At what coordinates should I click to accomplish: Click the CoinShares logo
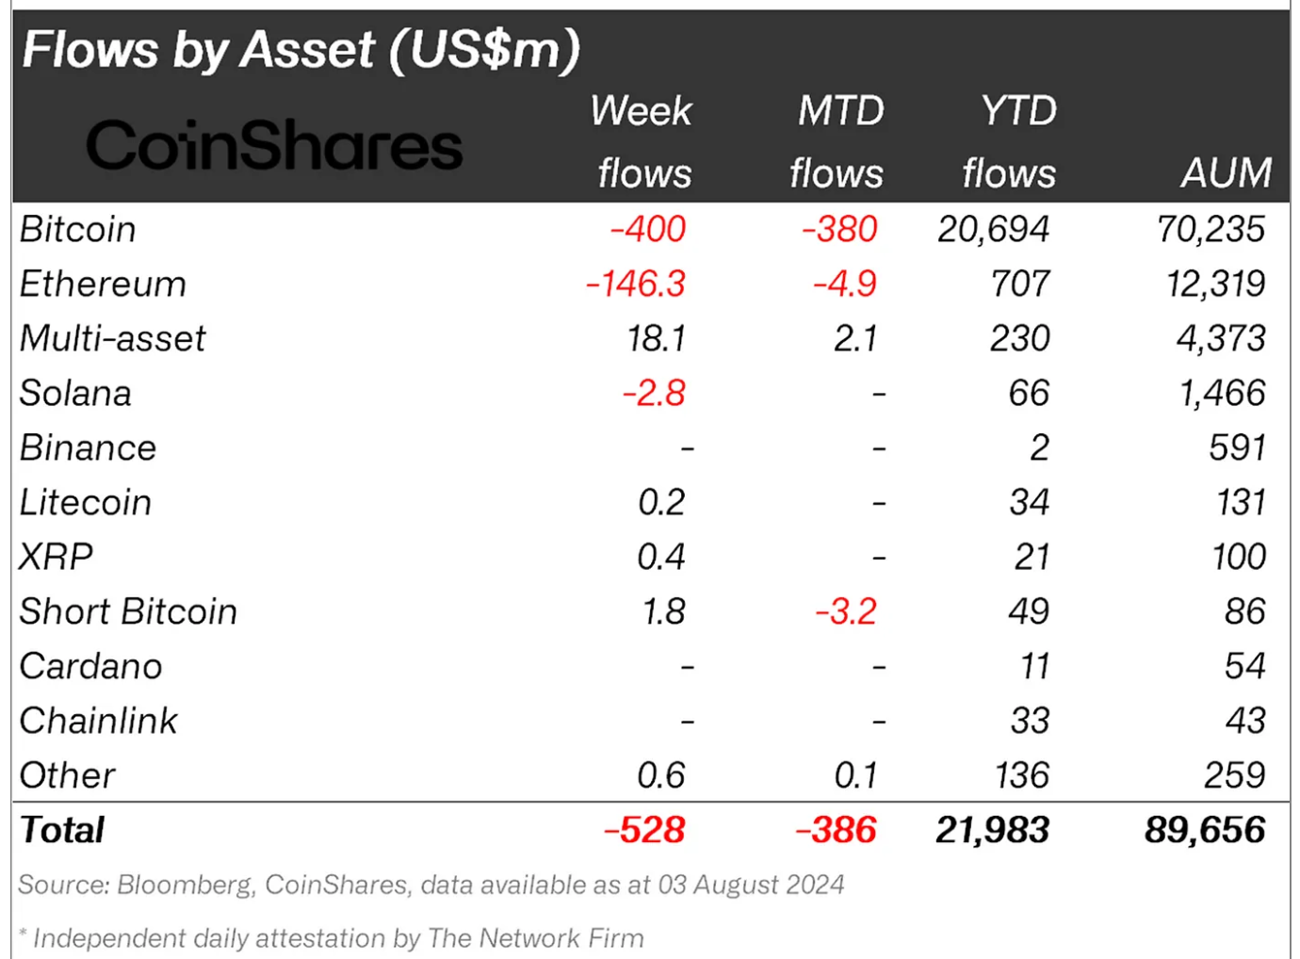274,145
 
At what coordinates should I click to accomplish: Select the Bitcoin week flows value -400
647,229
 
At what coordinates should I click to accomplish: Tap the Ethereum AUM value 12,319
1215,284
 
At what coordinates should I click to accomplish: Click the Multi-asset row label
112,338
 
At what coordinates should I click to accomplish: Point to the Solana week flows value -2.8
654,393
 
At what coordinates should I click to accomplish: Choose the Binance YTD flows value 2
1038,447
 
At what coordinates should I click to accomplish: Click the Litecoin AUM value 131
1240,502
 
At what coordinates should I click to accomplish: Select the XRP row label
57,557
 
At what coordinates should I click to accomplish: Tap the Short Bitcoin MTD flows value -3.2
846,611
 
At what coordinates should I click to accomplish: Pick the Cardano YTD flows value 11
1034,666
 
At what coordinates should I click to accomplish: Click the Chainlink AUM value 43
1244,721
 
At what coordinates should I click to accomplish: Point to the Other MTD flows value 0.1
855,775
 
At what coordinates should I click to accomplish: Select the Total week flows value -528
644,830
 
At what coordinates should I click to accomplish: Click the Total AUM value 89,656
1205,830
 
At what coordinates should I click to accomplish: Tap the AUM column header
1226,172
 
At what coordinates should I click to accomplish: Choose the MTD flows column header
837,141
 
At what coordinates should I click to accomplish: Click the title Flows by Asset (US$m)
301,49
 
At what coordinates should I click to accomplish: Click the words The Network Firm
535,938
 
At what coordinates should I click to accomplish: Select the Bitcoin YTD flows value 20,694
993,229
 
